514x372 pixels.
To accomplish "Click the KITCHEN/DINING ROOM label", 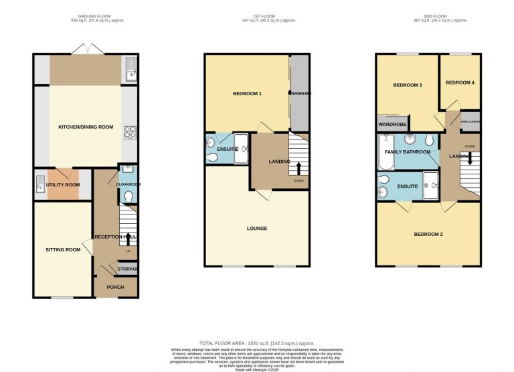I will point(86,127).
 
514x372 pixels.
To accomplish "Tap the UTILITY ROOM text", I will point(62,184).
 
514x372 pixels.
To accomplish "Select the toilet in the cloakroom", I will point(129,196).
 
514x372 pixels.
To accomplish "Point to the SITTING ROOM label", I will point(63,249).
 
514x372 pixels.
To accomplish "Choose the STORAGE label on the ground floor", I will point(128,269).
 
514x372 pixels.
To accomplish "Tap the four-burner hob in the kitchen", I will point(130,133).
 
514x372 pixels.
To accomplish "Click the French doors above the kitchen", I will point(85,50).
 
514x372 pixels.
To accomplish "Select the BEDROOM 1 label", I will point(247,93).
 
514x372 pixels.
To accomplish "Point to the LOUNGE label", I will point(256,229).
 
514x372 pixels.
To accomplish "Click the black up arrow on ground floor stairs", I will point(128,239).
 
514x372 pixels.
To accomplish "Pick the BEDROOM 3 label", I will point(407,85).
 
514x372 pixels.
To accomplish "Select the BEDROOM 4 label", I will point(459,82).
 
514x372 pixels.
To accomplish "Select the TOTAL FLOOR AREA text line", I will point(256,343).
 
